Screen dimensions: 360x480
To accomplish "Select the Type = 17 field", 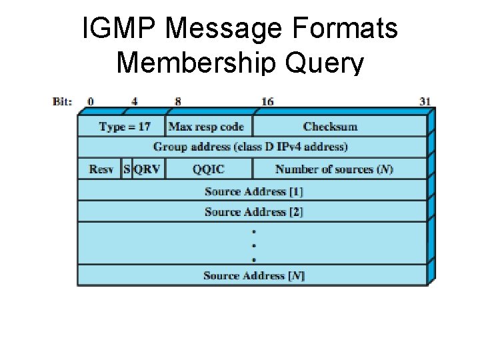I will (x=124, y=127).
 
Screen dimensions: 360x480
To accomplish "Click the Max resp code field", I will (x=206, y=127).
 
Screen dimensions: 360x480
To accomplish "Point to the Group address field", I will (x=251, y=147).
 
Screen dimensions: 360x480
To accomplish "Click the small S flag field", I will (x=127, y=169).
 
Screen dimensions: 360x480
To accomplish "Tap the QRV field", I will (x=147, y=169).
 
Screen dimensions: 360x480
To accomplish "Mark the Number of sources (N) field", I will (x=334, y=169).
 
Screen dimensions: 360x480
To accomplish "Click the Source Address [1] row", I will (x=253, y=191).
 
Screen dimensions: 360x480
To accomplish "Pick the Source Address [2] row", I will (x=253, y=212).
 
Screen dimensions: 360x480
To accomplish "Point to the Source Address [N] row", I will (x=253, y=275).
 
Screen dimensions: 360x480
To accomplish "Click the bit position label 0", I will (x=91, y=102).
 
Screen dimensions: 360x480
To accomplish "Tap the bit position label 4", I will (x=135, y=102).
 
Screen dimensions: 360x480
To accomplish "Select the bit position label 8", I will (x=177, y=102).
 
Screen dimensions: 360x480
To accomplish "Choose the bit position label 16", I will (x=267, y=102).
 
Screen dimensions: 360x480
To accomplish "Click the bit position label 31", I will (x=425, y=102).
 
